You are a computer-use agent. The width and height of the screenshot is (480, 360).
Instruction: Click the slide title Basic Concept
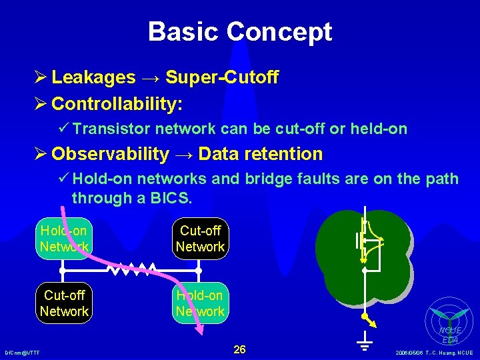coord(239,31)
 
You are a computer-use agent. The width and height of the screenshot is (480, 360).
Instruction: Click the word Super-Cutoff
coord(222,78)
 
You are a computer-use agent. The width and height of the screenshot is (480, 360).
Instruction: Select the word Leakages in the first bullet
coord(93,78)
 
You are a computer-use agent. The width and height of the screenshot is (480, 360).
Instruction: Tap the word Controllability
coord(117,104)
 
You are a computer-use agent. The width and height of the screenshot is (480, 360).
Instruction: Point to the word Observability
coord(110,154)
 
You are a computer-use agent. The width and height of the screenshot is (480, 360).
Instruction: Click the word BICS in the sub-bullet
coord(169,198)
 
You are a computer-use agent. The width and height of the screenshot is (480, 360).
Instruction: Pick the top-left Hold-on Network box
coord(64,239)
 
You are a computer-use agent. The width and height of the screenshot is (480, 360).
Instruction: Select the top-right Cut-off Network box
coord(200,239)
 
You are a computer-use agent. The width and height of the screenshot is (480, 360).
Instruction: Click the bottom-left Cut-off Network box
coord(64,303)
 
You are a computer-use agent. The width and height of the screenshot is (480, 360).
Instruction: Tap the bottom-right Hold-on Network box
coord(200,303)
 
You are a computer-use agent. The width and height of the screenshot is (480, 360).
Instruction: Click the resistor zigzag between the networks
coord(132,270)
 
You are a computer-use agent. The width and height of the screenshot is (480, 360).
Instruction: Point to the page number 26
coord(240,349)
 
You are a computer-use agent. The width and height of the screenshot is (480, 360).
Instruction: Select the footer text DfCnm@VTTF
coord(21,352)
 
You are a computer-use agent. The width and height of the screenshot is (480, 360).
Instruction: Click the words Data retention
coord(261,154)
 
